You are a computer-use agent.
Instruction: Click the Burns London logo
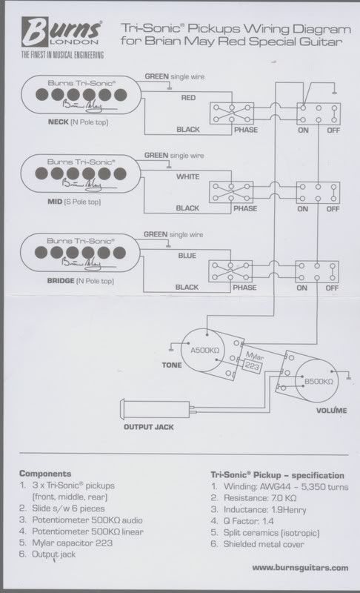tap(62, 38)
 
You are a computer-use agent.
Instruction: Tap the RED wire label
tap(188, 98)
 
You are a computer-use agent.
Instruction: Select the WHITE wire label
tap(187, 176)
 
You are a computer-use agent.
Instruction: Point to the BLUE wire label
tap(187, 256)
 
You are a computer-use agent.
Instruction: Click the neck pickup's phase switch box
tap(232, 113)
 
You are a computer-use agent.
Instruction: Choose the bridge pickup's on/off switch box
tap(317, 272)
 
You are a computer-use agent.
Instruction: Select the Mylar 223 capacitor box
tap(253, 365)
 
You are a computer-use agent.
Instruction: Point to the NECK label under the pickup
tap(59, 122)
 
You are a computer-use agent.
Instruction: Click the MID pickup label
tap(55, 202)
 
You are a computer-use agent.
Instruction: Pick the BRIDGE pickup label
tap(61, 281)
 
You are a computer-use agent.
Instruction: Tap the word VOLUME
tap(331, 411)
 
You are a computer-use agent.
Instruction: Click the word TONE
tap(172, 365)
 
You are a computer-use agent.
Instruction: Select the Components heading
tap(45, 474)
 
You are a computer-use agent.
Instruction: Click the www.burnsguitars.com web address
tap(300, 567)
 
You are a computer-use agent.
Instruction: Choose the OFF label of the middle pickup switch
tap(333, 209)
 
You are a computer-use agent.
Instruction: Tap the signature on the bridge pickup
tap(81, 263)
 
